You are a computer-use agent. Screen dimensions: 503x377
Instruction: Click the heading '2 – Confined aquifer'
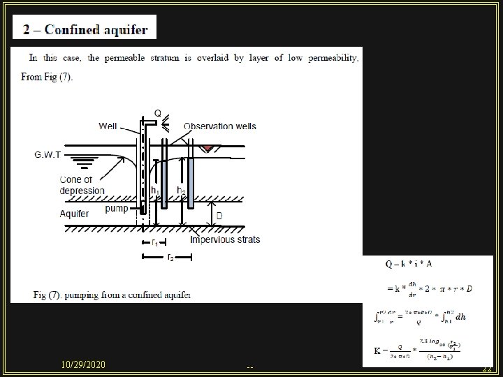point(85,30)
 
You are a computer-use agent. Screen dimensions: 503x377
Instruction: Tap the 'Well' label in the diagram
point(108,126)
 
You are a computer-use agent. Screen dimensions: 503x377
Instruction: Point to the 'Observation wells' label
point(219,126)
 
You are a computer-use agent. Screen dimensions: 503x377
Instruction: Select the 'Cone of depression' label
point(82,185)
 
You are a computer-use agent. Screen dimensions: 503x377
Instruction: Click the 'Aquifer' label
point(74,214)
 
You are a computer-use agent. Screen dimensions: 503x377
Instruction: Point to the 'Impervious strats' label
point(225,239)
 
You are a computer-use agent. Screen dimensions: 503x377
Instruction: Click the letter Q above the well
point(157,112)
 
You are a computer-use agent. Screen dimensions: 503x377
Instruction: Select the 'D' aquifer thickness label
point(219,216)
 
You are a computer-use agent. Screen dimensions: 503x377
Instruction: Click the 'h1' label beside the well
point(155,189)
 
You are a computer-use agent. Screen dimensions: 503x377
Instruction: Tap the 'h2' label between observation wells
point(180,189)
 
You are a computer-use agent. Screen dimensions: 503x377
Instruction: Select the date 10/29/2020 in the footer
point(83,364)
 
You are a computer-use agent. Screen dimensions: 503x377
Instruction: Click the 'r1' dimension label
point(155,243)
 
